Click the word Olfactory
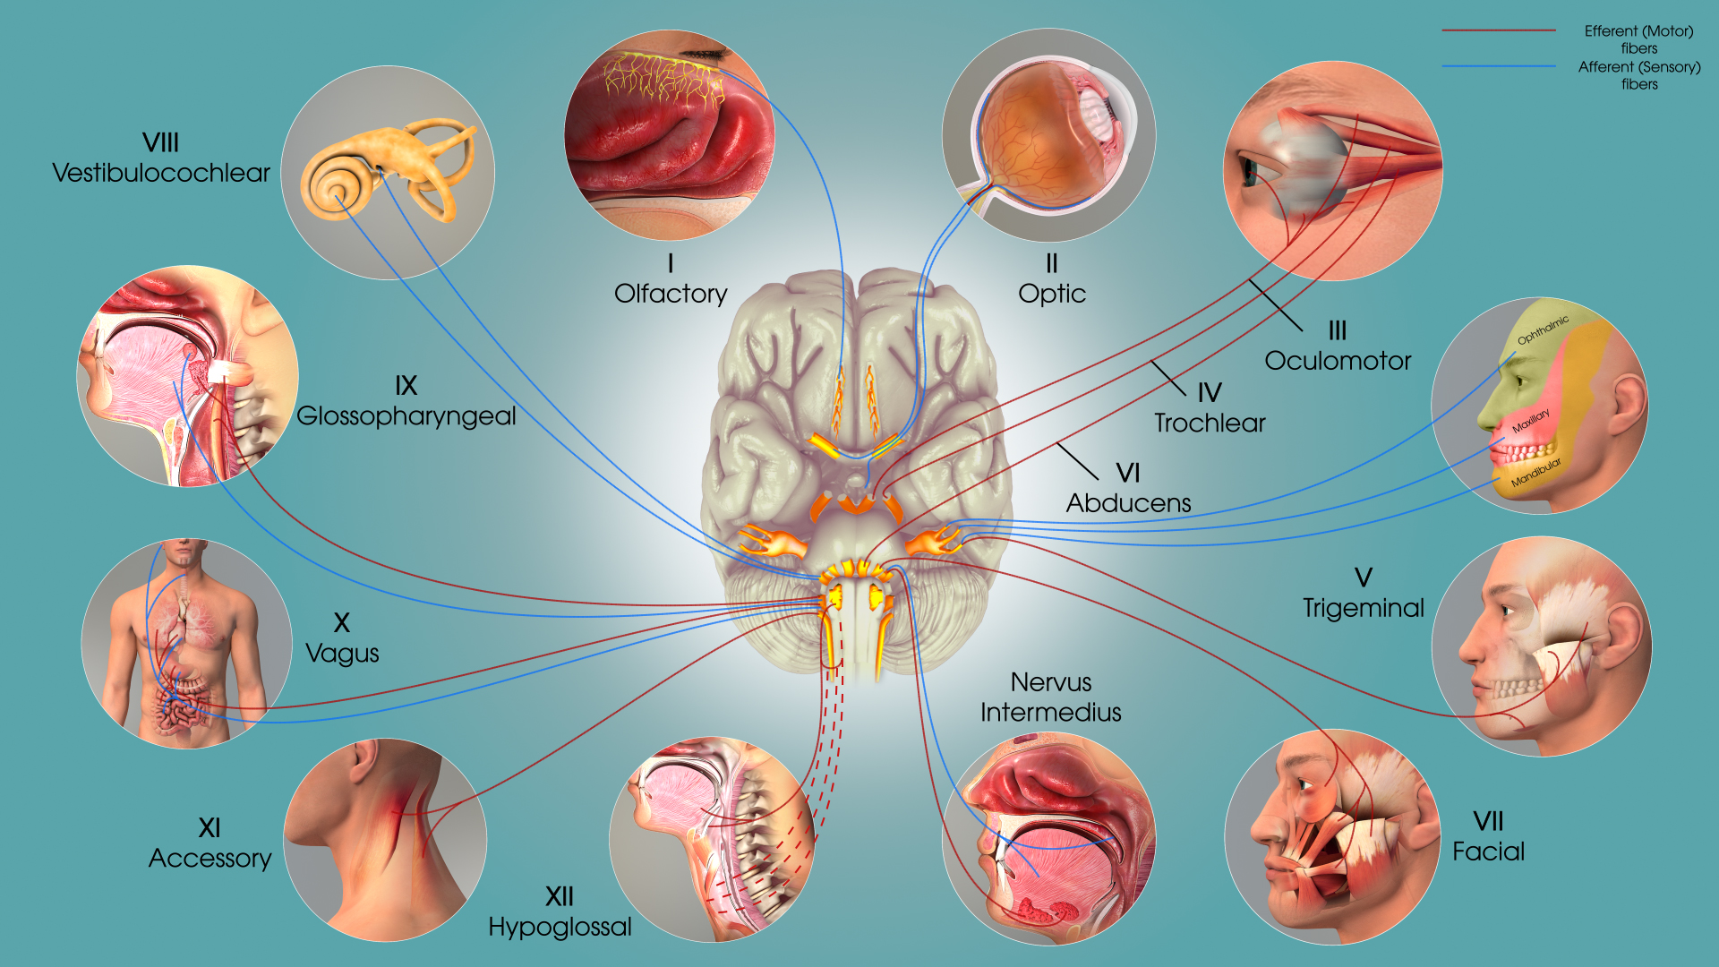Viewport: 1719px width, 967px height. [x=671, y=294]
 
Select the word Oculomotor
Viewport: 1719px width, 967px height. [x=1338, y=361]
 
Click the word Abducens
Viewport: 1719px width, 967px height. [x=1128, y=503]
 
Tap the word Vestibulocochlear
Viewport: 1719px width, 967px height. [x=161, y=173]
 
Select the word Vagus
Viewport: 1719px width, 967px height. [x=342, y=654]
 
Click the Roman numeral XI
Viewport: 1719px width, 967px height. [x=210, y=827]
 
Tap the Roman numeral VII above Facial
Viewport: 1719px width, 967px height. [x=1488, y=821]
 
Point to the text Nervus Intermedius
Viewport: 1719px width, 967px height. [x=1051, y=697]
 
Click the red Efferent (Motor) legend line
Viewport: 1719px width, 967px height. [x=1499, y=30]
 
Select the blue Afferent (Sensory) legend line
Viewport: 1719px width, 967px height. [x=1499, y=66]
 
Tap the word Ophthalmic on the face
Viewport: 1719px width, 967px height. [x=1543, y=329]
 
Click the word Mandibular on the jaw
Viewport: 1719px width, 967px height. [x=1535, y=473]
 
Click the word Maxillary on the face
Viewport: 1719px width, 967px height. [x=1530, y=421]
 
